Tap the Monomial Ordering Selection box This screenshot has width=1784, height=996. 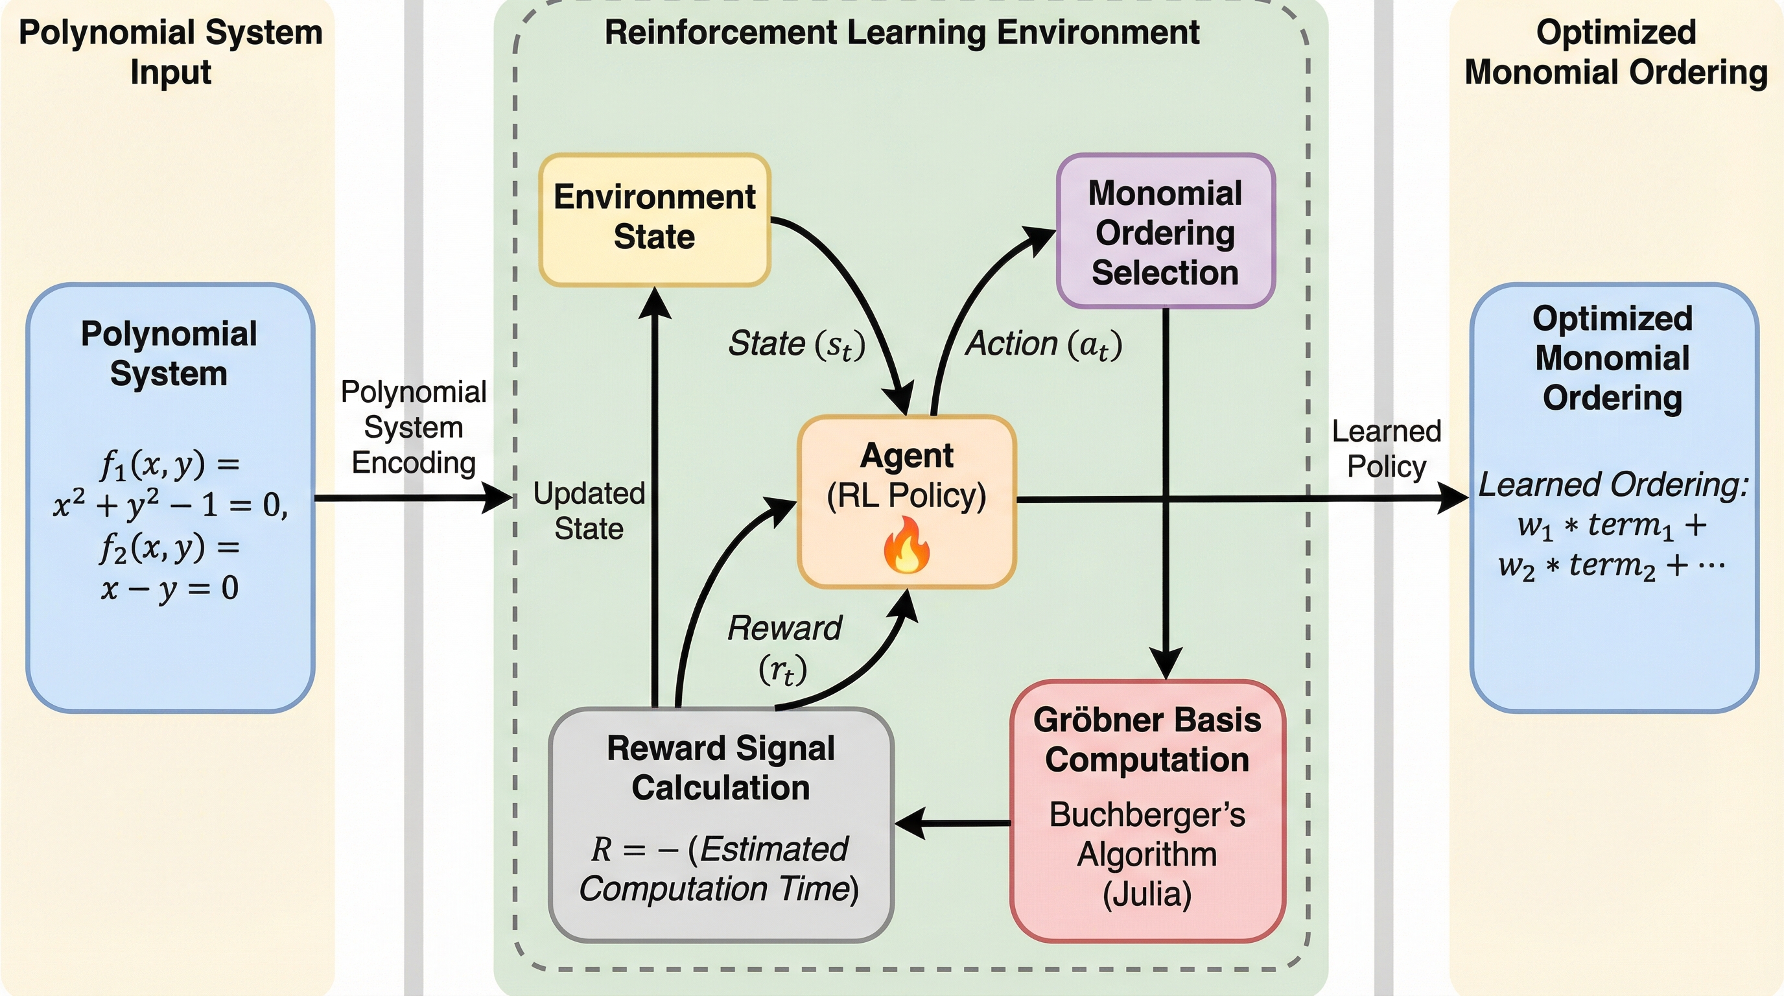coord(1165,231)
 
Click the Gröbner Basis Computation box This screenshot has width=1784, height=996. coord(1147,811)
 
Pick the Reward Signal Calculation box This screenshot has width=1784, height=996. coord(720,824)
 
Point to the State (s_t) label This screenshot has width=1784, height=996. coord(797,344)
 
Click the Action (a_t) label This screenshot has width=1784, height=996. coord(1044,344)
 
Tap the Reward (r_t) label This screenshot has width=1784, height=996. coord(784,648)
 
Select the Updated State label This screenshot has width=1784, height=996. coord(589,511)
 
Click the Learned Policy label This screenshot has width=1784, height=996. coord(1387,449)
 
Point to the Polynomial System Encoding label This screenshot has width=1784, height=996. coord(414,427)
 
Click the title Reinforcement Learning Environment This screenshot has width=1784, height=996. coord(902,32)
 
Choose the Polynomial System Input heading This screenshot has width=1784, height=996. coord(170,52)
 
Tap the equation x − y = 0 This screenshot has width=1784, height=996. coord(170,589)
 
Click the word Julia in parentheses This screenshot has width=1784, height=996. coord(1147,894)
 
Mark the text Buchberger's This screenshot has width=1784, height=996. coord(1147,815)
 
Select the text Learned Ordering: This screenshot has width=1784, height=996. coord(1613,485)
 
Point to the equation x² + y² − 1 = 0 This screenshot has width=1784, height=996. coord(170,505)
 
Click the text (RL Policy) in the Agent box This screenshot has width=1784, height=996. coord(906,496)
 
